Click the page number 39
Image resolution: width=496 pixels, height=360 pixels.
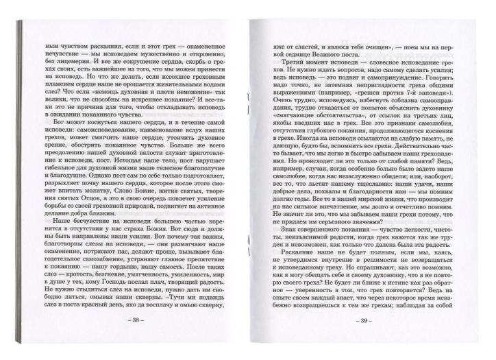tap(367, 340)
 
